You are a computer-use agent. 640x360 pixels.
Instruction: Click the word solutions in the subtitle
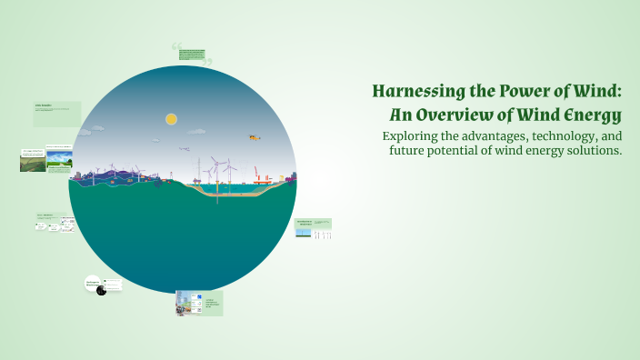click(592, 150)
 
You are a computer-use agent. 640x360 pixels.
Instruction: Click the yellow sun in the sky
click(170, 119)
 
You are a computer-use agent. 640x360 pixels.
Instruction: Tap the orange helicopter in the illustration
click(254, 138)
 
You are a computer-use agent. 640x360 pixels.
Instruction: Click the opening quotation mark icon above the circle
click(176, 46)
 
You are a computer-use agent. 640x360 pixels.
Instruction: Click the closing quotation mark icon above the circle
click(207, 63)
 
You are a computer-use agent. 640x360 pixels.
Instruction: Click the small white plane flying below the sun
click(184, 148)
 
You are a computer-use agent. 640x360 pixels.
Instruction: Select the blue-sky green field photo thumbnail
click(60, 159)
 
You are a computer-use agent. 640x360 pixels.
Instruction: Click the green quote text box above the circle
click(192, 53)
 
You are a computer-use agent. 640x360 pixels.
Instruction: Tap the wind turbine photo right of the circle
click(322, 234)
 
